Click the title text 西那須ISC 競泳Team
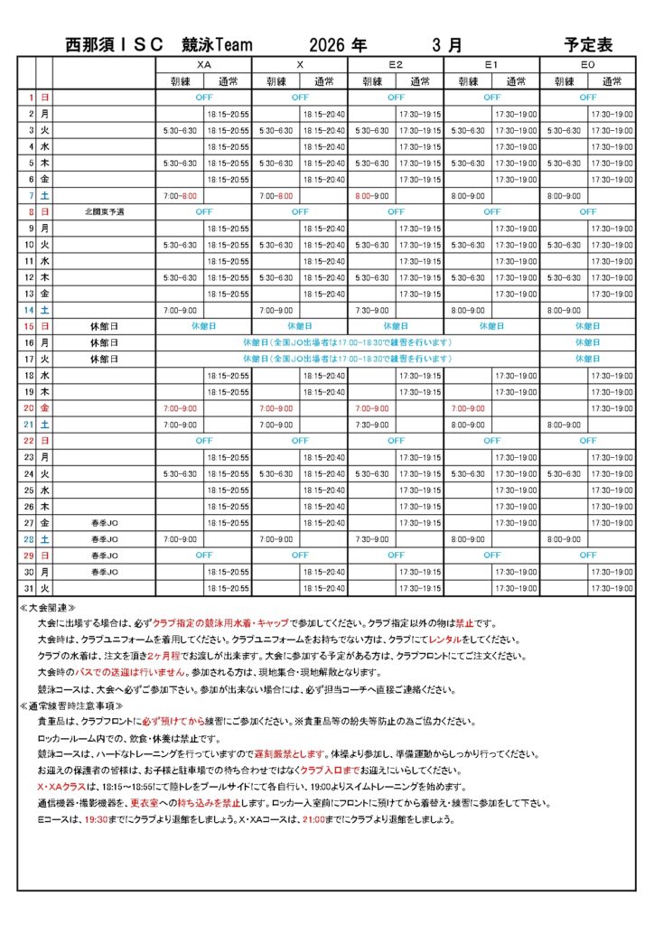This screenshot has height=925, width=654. tap(159, 44)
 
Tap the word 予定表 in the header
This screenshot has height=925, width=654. tap(588, 44)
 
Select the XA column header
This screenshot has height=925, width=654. tap(203, 65)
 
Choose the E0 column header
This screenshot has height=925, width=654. tap(588, 65)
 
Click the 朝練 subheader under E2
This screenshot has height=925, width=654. tap(372, 80)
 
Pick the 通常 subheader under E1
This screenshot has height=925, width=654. tap(516, 80)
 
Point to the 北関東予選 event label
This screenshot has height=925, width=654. tap(105, 212)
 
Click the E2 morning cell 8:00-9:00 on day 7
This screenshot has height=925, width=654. tap(372, 196)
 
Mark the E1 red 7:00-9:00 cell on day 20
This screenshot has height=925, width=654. tap(468, 408)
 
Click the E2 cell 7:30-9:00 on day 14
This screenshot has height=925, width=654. tap(372, 310)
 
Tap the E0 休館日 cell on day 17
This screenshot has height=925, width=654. tap(588, 359)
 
